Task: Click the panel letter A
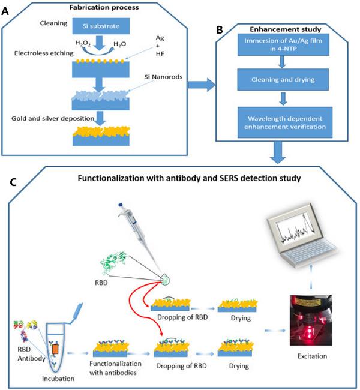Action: (8, 8)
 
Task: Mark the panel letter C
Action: (8, 180)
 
